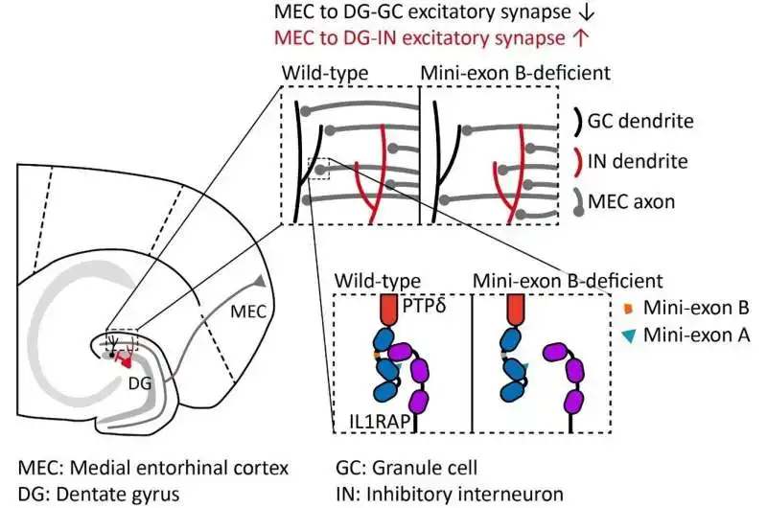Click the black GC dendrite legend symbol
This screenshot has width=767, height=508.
pos(578,122)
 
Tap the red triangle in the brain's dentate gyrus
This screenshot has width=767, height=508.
pos(124,359)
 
